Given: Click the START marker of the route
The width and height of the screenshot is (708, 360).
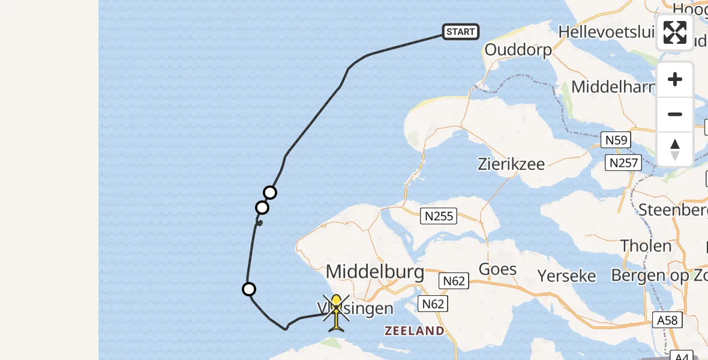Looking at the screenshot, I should pos(461,32).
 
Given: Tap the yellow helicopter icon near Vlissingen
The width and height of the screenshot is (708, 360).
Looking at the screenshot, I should pos(336,312).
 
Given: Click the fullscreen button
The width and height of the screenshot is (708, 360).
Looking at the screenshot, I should pos(675,32).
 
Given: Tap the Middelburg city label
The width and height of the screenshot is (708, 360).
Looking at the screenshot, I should pos(375,272).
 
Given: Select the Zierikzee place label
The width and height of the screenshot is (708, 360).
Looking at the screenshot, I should pos(511,163).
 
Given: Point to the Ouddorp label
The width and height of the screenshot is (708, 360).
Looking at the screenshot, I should pos(518,49).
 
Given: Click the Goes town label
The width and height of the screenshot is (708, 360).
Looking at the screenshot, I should pos(498,269).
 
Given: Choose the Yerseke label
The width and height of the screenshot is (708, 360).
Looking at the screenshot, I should pos(567,275).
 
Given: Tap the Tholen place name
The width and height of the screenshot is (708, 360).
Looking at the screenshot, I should pos(646,246).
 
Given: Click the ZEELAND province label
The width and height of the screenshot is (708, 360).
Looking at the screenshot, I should pos(415,331).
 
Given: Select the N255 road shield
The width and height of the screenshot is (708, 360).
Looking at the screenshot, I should pos(440,216).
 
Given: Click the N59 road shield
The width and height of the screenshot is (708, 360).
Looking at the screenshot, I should pos(616,141).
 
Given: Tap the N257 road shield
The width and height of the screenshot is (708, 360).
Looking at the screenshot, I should pos(625,163).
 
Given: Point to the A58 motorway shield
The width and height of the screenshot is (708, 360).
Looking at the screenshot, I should pos(667,320).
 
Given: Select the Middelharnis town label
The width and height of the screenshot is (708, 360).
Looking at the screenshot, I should pos(613,87).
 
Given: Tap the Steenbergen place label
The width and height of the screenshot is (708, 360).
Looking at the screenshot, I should pos(672,210).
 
